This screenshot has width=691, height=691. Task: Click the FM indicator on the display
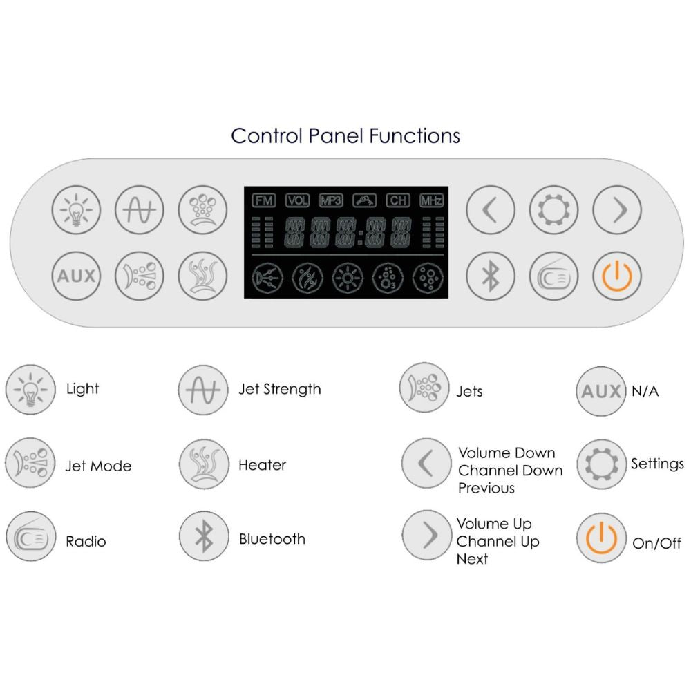263,200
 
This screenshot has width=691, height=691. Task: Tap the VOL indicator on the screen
298,200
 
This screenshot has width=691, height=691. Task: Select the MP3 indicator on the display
331,200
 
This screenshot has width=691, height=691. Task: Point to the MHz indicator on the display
431,200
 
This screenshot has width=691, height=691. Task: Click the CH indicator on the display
398,200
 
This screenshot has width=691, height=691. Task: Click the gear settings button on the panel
553,209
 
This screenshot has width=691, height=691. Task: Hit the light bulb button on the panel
77,209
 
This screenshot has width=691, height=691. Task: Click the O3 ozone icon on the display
384,278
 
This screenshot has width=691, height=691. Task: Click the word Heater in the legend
262,465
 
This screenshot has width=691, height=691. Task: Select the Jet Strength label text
280,389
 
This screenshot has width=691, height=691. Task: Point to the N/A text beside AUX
645,392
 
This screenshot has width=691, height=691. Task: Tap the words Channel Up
498,542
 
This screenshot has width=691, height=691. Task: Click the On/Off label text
657,543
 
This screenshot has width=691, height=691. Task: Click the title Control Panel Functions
345,135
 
